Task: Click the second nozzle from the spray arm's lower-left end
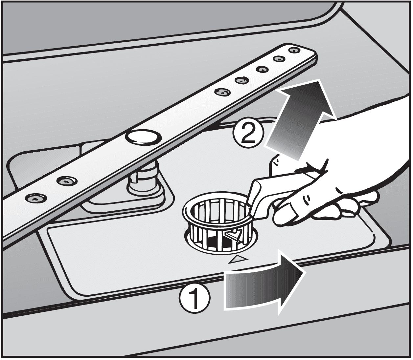pyautogui.click(x=67, y=181)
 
